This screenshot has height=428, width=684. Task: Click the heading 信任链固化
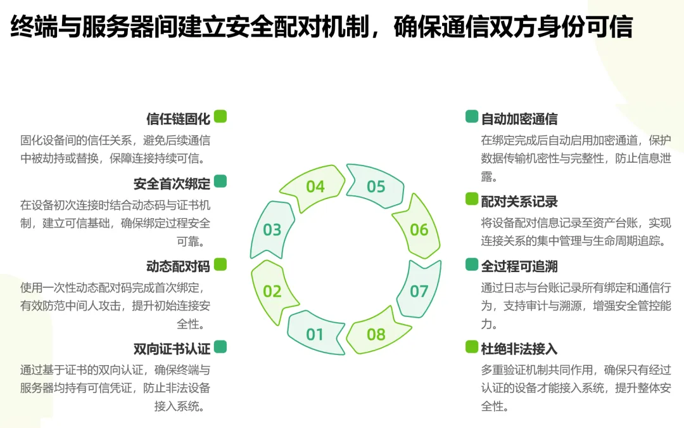[178, 119]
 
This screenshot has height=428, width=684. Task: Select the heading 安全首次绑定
[172, 184]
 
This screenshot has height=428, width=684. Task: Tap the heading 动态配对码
[178, 266]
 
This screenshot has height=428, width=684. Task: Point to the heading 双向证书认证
[172, 348]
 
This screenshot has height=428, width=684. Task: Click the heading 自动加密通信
[519, 119]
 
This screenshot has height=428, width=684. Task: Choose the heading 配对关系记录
[519, 202]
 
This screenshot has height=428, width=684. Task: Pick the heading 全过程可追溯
[519, 266]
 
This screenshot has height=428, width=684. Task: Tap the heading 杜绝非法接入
[519, 348]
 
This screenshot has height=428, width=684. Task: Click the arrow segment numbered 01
[315, 334]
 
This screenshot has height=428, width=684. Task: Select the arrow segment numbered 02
[272, 291]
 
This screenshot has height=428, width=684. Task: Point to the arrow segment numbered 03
[272, 230]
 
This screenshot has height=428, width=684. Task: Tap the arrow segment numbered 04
[315, 186]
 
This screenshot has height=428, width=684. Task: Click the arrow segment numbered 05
[376, 186]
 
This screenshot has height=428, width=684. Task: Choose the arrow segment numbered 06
[419, 230]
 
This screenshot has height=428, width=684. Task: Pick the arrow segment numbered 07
[419, 291]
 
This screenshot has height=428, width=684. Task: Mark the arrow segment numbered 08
[376, 334]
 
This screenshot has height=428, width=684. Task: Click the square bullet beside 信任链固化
[220, 116]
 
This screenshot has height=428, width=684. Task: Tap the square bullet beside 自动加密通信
[472, 116]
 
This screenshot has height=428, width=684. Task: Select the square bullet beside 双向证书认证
[220, 346]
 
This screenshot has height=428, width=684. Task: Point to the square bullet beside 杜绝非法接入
[472, 346]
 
